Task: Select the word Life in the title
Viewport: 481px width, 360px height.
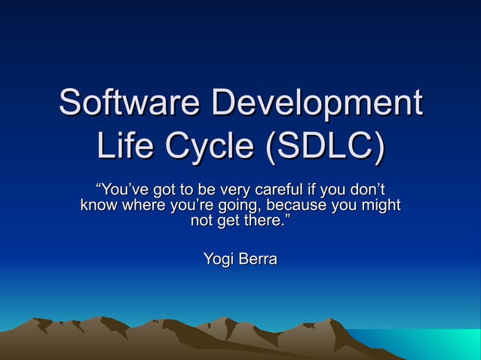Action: [125, 147]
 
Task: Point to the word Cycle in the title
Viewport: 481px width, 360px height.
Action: [208, 147]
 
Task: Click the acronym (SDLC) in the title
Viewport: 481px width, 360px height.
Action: [323, 147]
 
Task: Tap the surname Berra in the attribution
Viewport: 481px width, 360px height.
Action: [258, 260]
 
